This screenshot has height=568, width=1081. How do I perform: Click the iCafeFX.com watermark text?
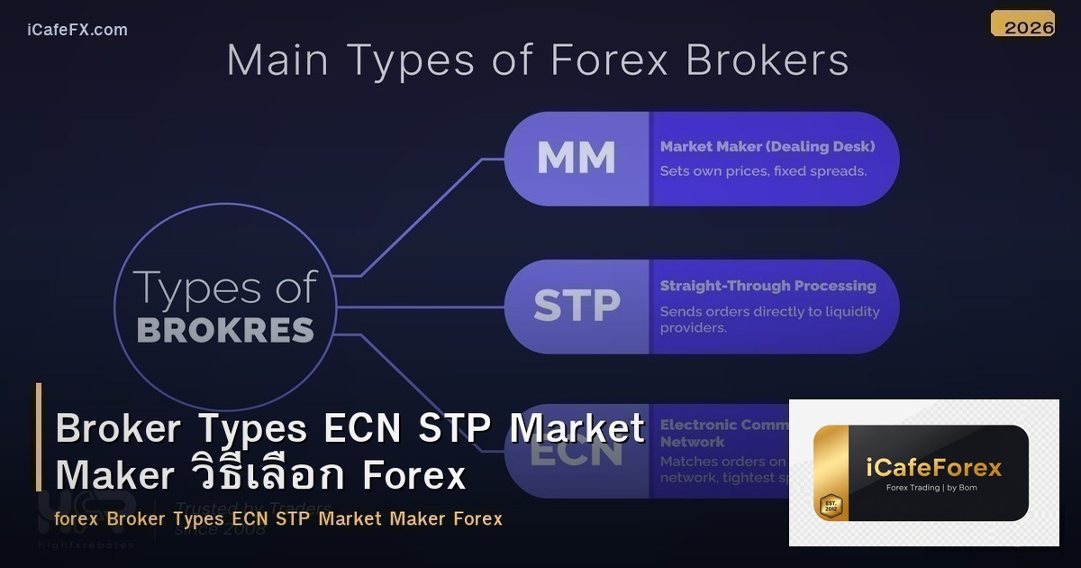pyautogui.click(x=77, y=30)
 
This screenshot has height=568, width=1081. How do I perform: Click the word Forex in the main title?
pyautogui.click(x=610, y=60)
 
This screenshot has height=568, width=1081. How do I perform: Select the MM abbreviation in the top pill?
pyautogui.click(x=576, y=159)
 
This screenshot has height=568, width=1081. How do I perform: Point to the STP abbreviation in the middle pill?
pyautogui.click(x=576, y=307)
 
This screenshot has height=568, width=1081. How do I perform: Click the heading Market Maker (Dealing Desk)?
pyautogui.click(x=767, y=146)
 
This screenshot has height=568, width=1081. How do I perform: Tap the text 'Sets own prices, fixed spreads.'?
pyautogui.click(x=763, y=170)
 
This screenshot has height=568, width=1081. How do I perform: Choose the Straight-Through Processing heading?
pyautogui.click(x=768, y=286)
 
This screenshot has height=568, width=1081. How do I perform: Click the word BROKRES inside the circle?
pyautogui.click(x=225, y=330)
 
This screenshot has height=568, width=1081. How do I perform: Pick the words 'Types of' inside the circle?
pyautogui.click(x=225, y=288)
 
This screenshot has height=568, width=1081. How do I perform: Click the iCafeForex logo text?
pyautogui.click(x=933, y=468)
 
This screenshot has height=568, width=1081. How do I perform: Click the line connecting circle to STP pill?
pyautogui.click(x=419, y=307)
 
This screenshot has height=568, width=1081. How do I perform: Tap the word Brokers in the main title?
pyautogui.click(x=767, y=60)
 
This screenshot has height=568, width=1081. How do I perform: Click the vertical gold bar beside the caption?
pyautogui.click(x=39, y=436)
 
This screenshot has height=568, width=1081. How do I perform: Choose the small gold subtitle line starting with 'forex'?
pyautogui.click(x=277, y=518)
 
